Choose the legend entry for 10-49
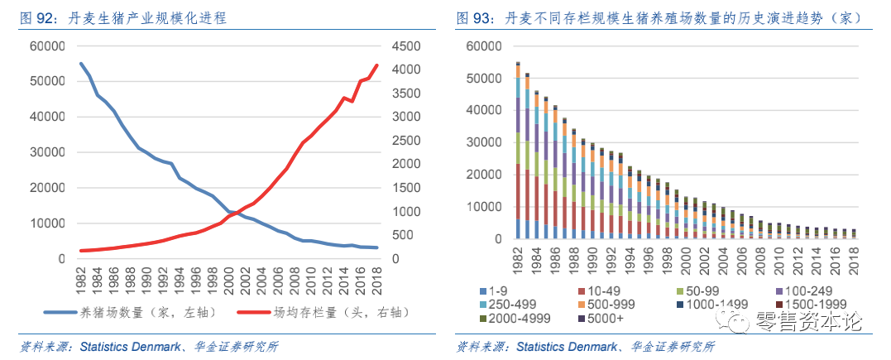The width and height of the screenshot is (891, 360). pos(601,290)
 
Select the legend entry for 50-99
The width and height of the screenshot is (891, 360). pos(701,290)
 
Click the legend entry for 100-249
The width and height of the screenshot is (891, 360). pos(804,290)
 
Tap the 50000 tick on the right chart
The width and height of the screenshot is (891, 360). pos(484,78)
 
